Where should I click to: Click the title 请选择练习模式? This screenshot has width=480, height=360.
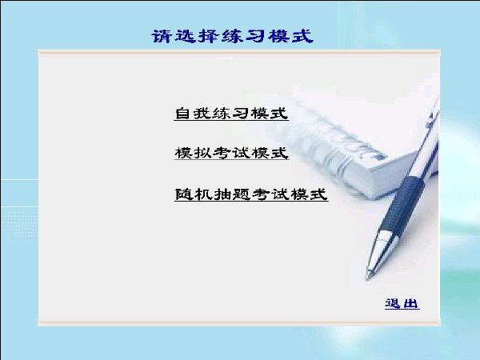click(x=232, y=37)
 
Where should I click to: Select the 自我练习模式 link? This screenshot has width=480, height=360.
click(x=231, y=114)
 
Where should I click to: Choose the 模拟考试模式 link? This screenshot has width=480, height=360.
click(x=232, y=153)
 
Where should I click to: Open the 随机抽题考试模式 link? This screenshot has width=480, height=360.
click(x=251, y=194)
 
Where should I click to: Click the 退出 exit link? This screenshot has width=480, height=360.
click(x=402, y=304)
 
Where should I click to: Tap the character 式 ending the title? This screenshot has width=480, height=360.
click(x=303, y=37)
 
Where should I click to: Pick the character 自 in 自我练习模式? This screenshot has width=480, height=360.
click(x=182, y=114)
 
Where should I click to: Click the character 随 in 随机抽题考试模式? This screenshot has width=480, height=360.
click(x=183, y=194)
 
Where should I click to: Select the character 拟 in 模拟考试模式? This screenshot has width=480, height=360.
click(x=202, y=153)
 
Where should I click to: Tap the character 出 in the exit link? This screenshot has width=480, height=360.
click(x=411, y=304)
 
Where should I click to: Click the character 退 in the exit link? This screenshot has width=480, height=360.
click(x=393, y=304)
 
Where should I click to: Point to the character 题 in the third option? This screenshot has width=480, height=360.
click(x=242, y=194)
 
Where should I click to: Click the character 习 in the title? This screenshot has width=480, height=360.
click(x=256, y=37)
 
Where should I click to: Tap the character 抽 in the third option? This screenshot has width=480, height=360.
click(x=222, y=194)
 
